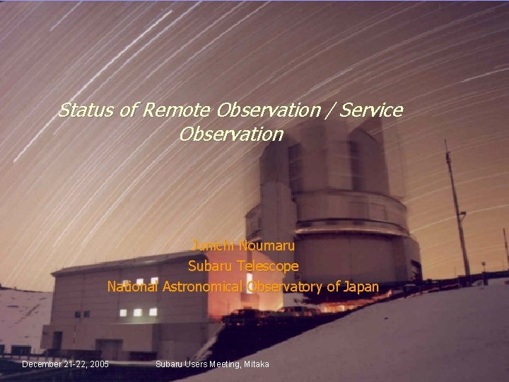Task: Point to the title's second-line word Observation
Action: point(231,134)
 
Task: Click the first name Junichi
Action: point(213,246)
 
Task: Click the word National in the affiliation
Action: point(133,287)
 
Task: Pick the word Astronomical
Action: point(204,287)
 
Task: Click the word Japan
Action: point(361,287)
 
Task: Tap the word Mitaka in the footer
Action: point(257,364)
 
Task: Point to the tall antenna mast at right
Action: point(457,212)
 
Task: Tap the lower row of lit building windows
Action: point(138,312)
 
